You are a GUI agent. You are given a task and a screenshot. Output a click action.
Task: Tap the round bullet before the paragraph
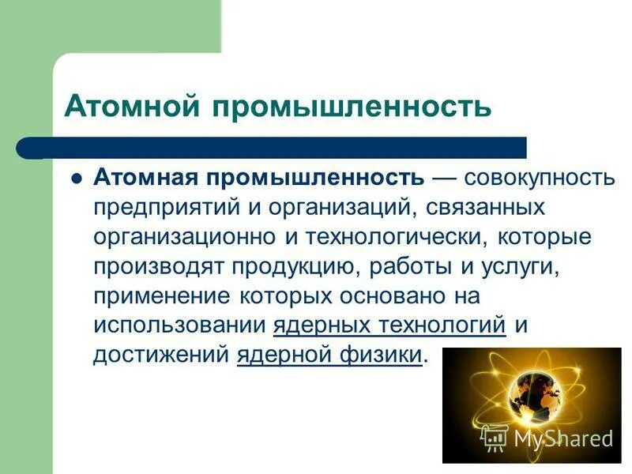77,179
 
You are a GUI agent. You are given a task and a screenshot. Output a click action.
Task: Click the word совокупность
538,179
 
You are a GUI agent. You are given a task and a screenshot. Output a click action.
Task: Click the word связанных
481,208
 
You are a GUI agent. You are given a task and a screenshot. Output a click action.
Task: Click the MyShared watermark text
562,438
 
